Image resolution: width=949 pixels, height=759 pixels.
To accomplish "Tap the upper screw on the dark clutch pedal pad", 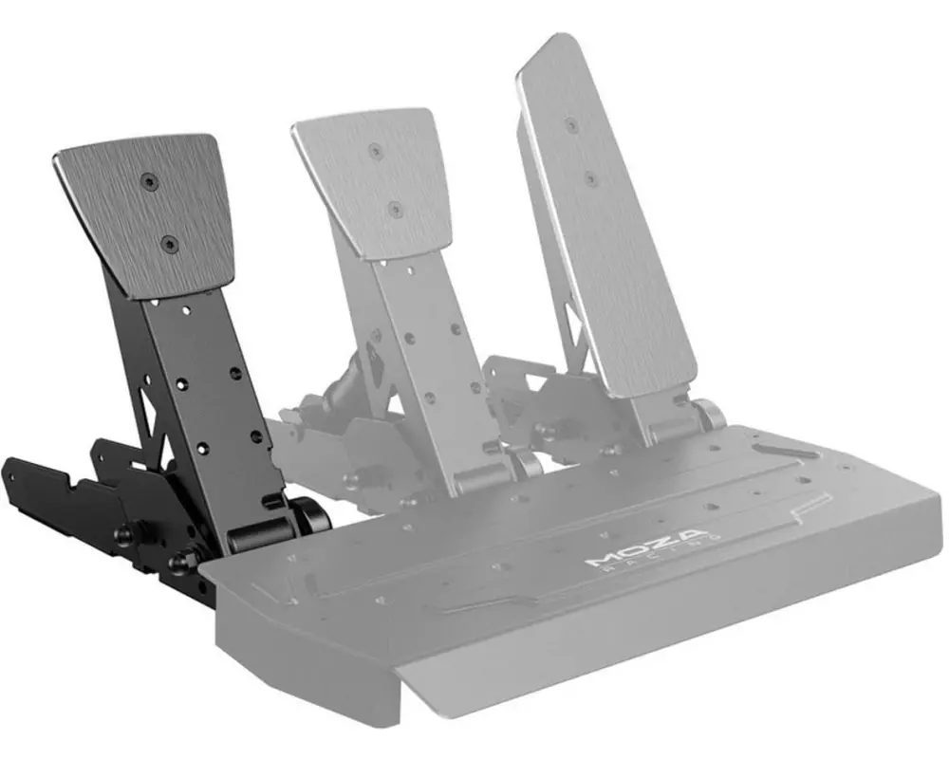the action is pyautogui.click(x=148, y=179).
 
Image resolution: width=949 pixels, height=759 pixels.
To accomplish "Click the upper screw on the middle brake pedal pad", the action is pyautogui.click(x=376, y=150).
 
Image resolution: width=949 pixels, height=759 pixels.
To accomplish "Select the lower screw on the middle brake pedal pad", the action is pyautogui.click(x=395, y=209).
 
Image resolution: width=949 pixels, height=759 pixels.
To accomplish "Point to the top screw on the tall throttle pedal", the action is pyautogui.click(x=570, y=124).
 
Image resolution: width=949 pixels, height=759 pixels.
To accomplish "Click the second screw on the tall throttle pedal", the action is pyautogui.click(x=589, y=178).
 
